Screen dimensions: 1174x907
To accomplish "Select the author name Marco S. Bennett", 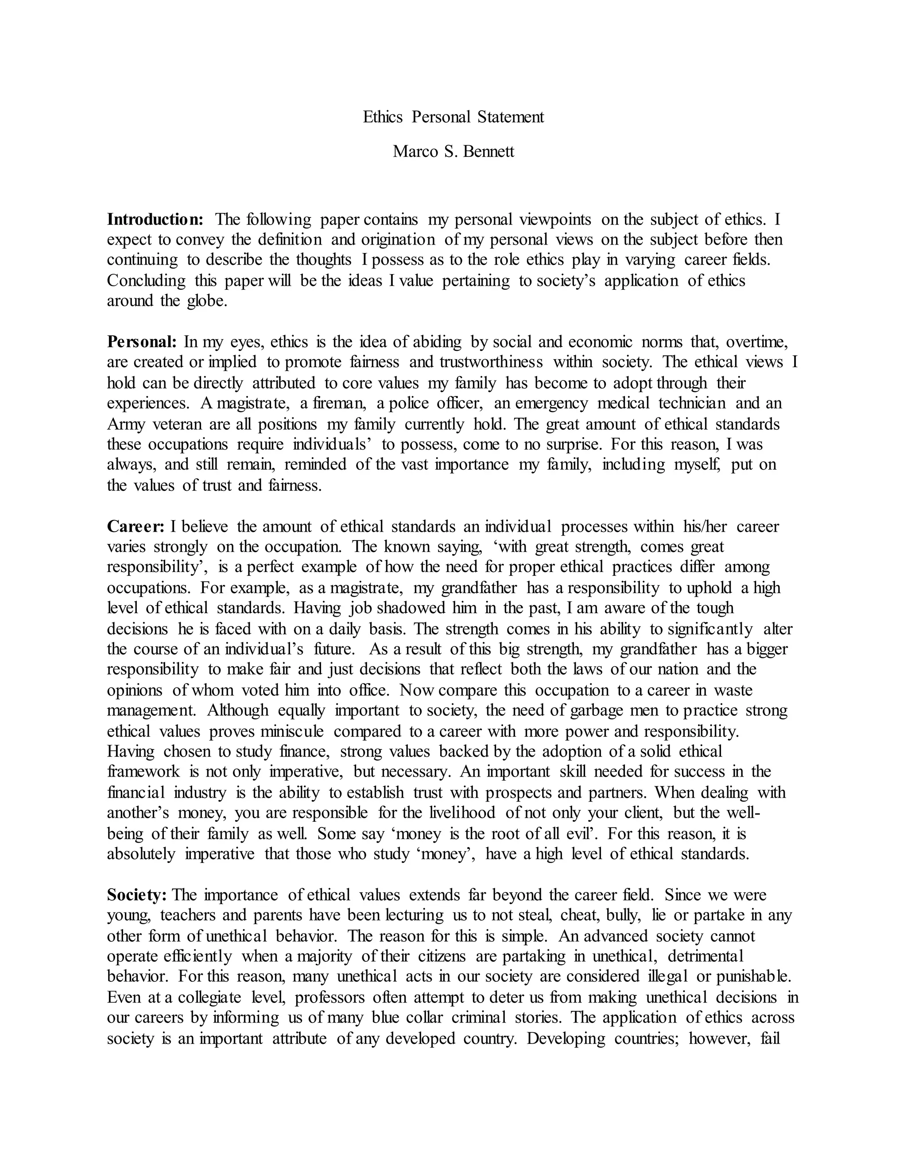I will [453, 152].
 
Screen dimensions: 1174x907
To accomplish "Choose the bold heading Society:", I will [137, 895].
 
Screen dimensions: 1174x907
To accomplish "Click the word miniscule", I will [292, 731].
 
